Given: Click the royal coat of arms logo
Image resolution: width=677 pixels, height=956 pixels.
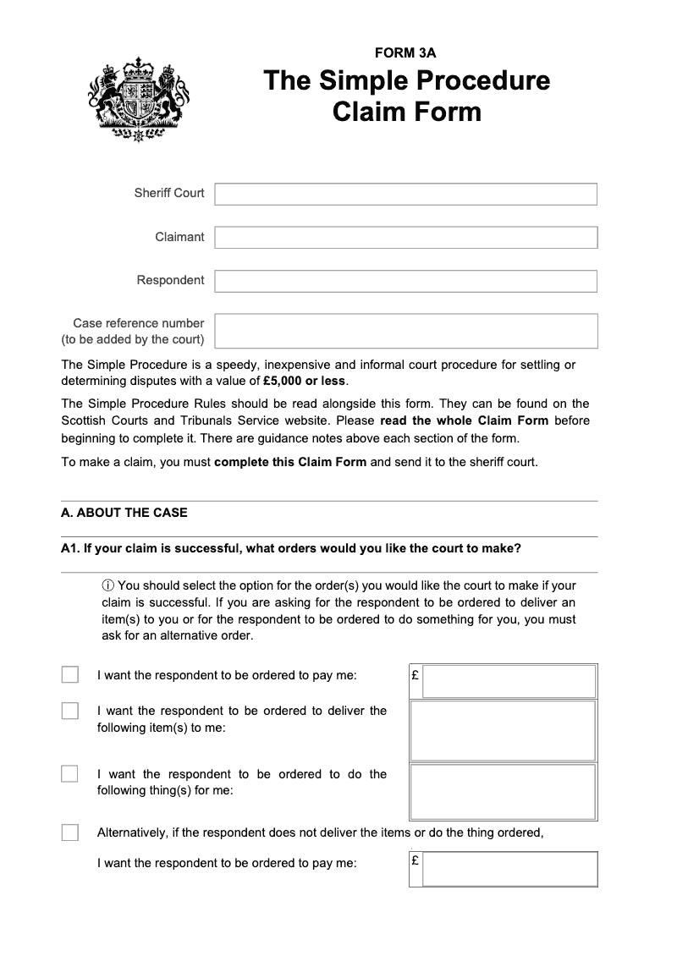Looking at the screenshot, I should (x=138, y=100).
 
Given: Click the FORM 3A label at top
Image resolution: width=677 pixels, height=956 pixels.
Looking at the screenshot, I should (x=405, y=53).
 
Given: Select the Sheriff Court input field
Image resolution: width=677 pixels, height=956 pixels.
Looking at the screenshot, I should (x=405, y=194).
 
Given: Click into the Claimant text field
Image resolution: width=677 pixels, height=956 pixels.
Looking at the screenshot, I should (x=405, y=237).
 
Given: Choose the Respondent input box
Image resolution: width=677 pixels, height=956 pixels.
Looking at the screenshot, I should (x=405, y=281).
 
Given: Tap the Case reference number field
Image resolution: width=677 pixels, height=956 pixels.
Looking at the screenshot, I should (x=405, y=331).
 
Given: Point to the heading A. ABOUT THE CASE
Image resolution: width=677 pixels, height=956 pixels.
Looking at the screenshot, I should (x=124, y=513).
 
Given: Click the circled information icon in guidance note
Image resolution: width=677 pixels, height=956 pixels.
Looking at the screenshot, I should (x=107, y=586).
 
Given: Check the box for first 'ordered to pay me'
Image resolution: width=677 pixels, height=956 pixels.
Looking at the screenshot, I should (x=70, y=674).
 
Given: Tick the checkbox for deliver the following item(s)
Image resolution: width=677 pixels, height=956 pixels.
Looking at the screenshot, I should (x=70, y=711).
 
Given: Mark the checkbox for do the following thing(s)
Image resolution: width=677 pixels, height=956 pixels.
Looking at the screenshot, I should (x=70, y=773).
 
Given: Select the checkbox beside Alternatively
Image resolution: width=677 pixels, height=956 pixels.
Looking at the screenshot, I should (x=70, y=832).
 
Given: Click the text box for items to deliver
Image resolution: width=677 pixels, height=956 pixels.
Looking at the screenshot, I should (x=503, y=731).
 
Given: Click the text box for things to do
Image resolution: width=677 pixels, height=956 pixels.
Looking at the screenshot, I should (x=503, y=792).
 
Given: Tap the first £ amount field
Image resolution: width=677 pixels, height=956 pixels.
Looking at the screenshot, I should (x=509, y=681).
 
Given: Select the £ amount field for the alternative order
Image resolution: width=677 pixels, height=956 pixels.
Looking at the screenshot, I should (x=509, y=869).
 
